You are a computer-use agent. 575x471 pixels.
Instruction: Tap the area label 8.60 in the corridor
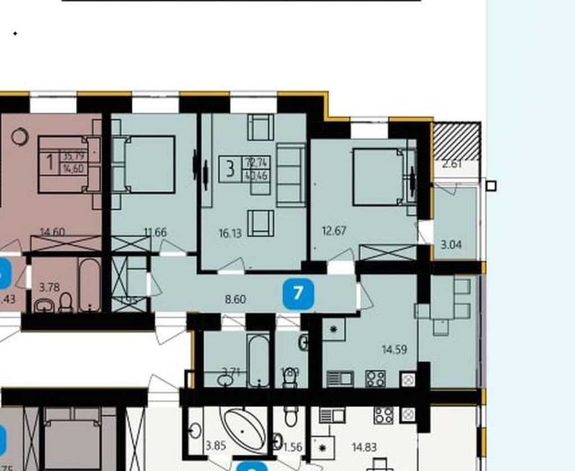tap(235, 299)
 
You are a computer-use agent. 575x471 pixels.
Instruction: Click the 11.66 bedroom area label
tap(155, 233)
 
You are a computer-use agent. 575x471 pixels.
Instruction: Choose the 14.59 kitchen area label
tap(394, 349)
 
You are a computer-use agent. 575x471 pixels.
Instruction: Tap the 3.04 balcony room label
tap(451, 246)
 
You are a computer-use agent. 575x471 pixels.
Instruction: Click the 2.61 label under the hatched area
tap(453, 164)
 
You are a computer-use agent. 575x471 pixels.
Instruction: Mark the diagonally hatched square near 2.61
tap(457, 140)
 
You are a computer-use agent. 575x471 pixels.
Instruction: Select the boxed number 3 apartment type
tap(231, 169)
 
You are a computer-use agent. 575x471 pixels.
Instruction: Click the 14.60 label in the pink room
tap(52, 233)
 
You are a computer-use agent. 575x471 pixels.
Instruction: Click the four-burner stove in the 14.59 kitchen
tap(375, 379)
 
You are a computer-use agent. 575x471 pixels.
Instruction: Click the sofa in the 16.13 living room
tap(291, 168)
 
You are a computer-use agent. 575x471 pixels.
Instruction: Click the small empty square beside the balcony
tap(491, 186)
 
